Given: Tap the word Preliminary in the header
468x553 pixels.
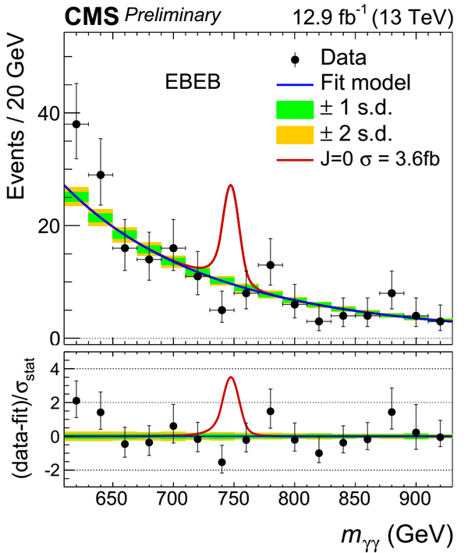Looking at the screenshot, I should tap(175, 15).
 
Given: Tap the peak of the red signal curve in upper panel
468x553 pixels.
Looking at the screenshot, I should tap(231, 186).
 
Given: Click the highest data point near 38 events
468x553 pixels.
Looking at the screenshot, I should tap(76, 124).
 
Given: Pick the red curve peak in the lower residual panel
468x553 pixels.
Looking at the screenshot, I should tap(231, 378).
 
